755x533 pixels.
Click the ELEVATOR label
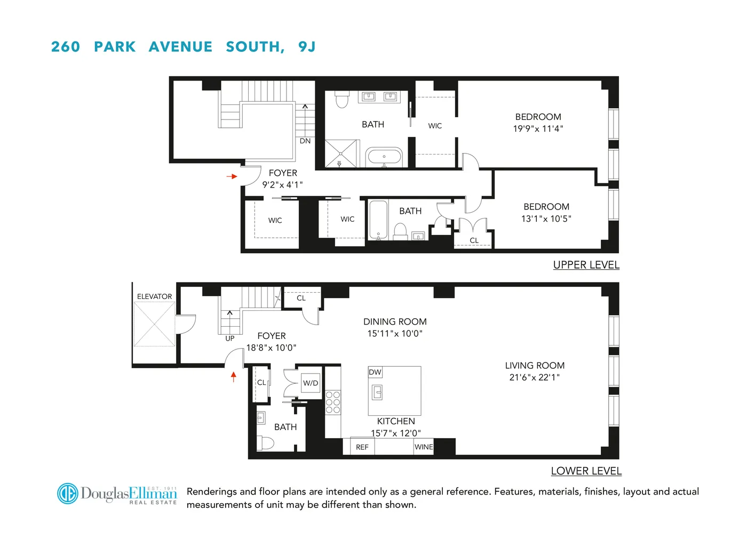(x=154, y=296)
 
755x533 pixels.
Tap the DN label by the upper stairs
(x=305, y=141)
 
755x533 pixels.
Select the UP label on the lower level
(x=230, y=338)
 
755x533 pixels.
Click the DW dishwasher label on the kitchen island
(x=375, y=372)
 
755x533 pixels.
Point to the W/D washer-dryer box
(x=311, y=383)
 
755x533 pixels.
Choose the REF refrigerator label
(x=362, y=447)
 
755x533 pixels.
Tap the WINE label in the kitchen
(x=424, y=447)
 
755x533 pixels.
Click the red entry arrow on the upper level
(x=232, y=176)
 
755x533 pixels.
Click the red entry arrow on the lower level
(x=233, y=377)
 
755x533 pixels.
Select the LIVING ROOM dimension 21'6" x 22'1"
(x=534, y=377)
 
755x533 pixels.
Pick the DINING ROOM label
(x=395, y=321)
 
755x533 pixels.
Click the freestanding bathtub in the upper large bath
(x=384, y=157)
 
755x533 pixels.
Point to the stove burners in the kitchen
(x=333, y=402)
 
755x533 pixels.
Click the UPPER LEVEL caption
(x=586, y=265)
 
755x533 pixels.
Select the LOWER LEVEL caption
(x=586, y=471)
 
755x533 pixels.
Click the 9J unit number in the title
(x=307, y=47)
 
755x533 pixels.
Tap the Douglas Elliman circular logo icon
(x=68, y=494)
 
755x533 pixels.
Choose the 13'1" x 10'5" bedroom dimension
(x=546, y=219)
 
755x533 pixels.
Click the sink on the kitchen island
(x=377, y=393)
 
